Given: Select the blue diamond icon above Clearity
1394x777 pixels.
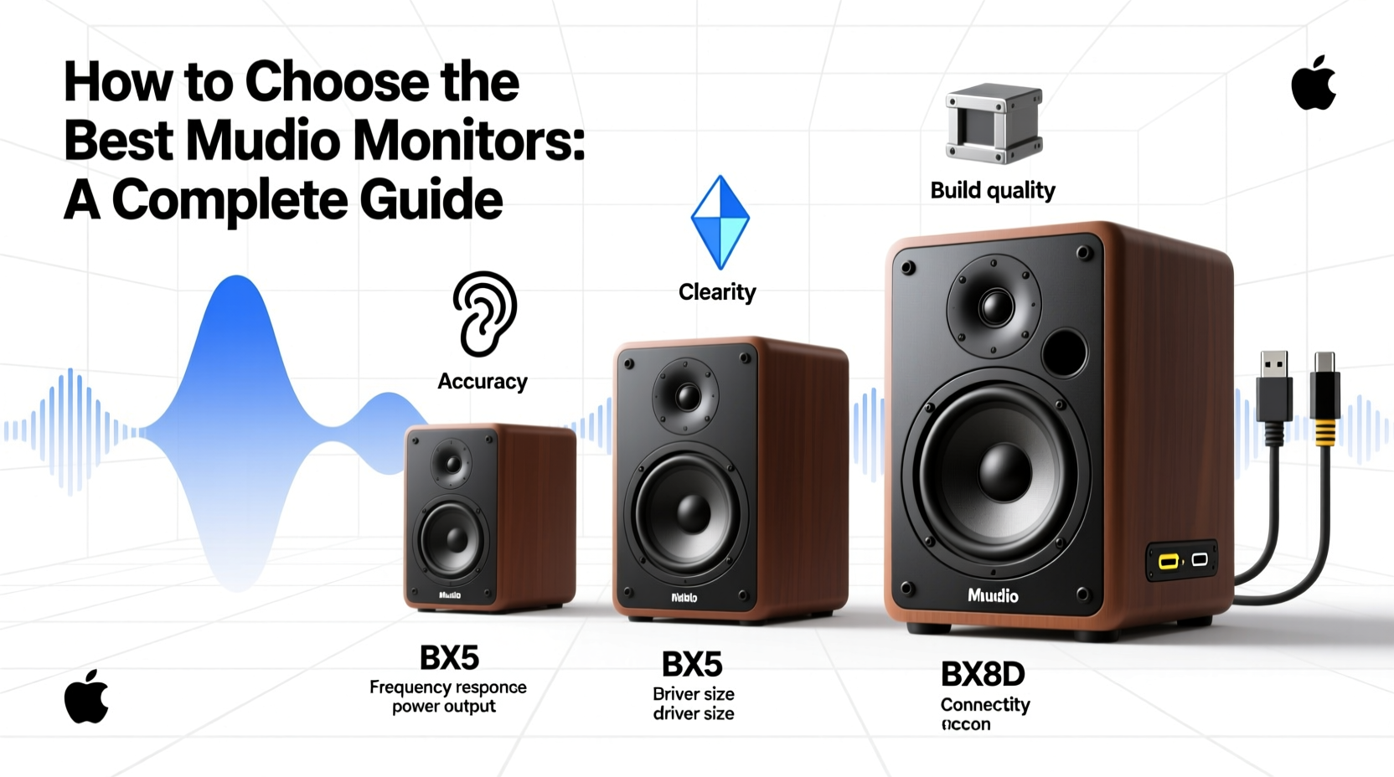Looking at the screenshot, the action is click(x=720, y=222).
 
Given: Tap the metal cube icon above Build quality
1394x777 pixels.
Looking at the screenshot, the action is click(x=994, y=124).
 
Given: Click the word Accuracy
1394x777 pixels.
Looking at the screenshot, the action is click(x=483, y=382).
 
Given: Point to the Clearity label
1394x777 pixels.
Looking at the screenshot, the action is click(x=717, y=292).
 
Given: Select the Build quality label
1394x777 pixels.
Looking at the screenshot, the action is click(x=993, y=191).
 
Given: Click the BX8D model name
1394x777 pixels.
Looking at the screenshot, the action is click(x=983, y=674).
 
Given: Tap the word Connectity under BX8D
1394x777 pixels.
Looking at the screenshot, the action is click(x=985, y=705).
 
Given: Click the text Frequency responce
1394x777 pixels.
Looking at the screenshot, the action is click(x=448, y=687).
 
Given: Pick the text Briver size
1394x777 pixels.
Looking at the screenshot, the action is click(x=694, y=694).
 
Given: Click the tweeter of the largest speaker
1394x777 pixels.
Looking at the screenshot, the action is click(x=995, y=306).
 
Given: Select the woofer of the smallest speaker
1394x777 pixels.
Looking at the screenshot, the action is click(x=452, y=538).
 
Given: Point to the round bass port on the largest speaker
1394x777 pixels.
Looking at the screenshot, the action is click(x=1065, y=352).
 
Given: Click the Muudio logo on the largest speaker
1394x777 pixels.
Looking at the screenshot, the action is click(x=994, y=595).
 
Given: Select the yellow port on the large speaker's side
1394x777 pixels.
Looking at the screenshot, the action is click(x=1168, y=561).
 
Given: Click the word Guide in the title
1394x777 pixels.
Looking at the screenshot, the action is click(x=431, y=200).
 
